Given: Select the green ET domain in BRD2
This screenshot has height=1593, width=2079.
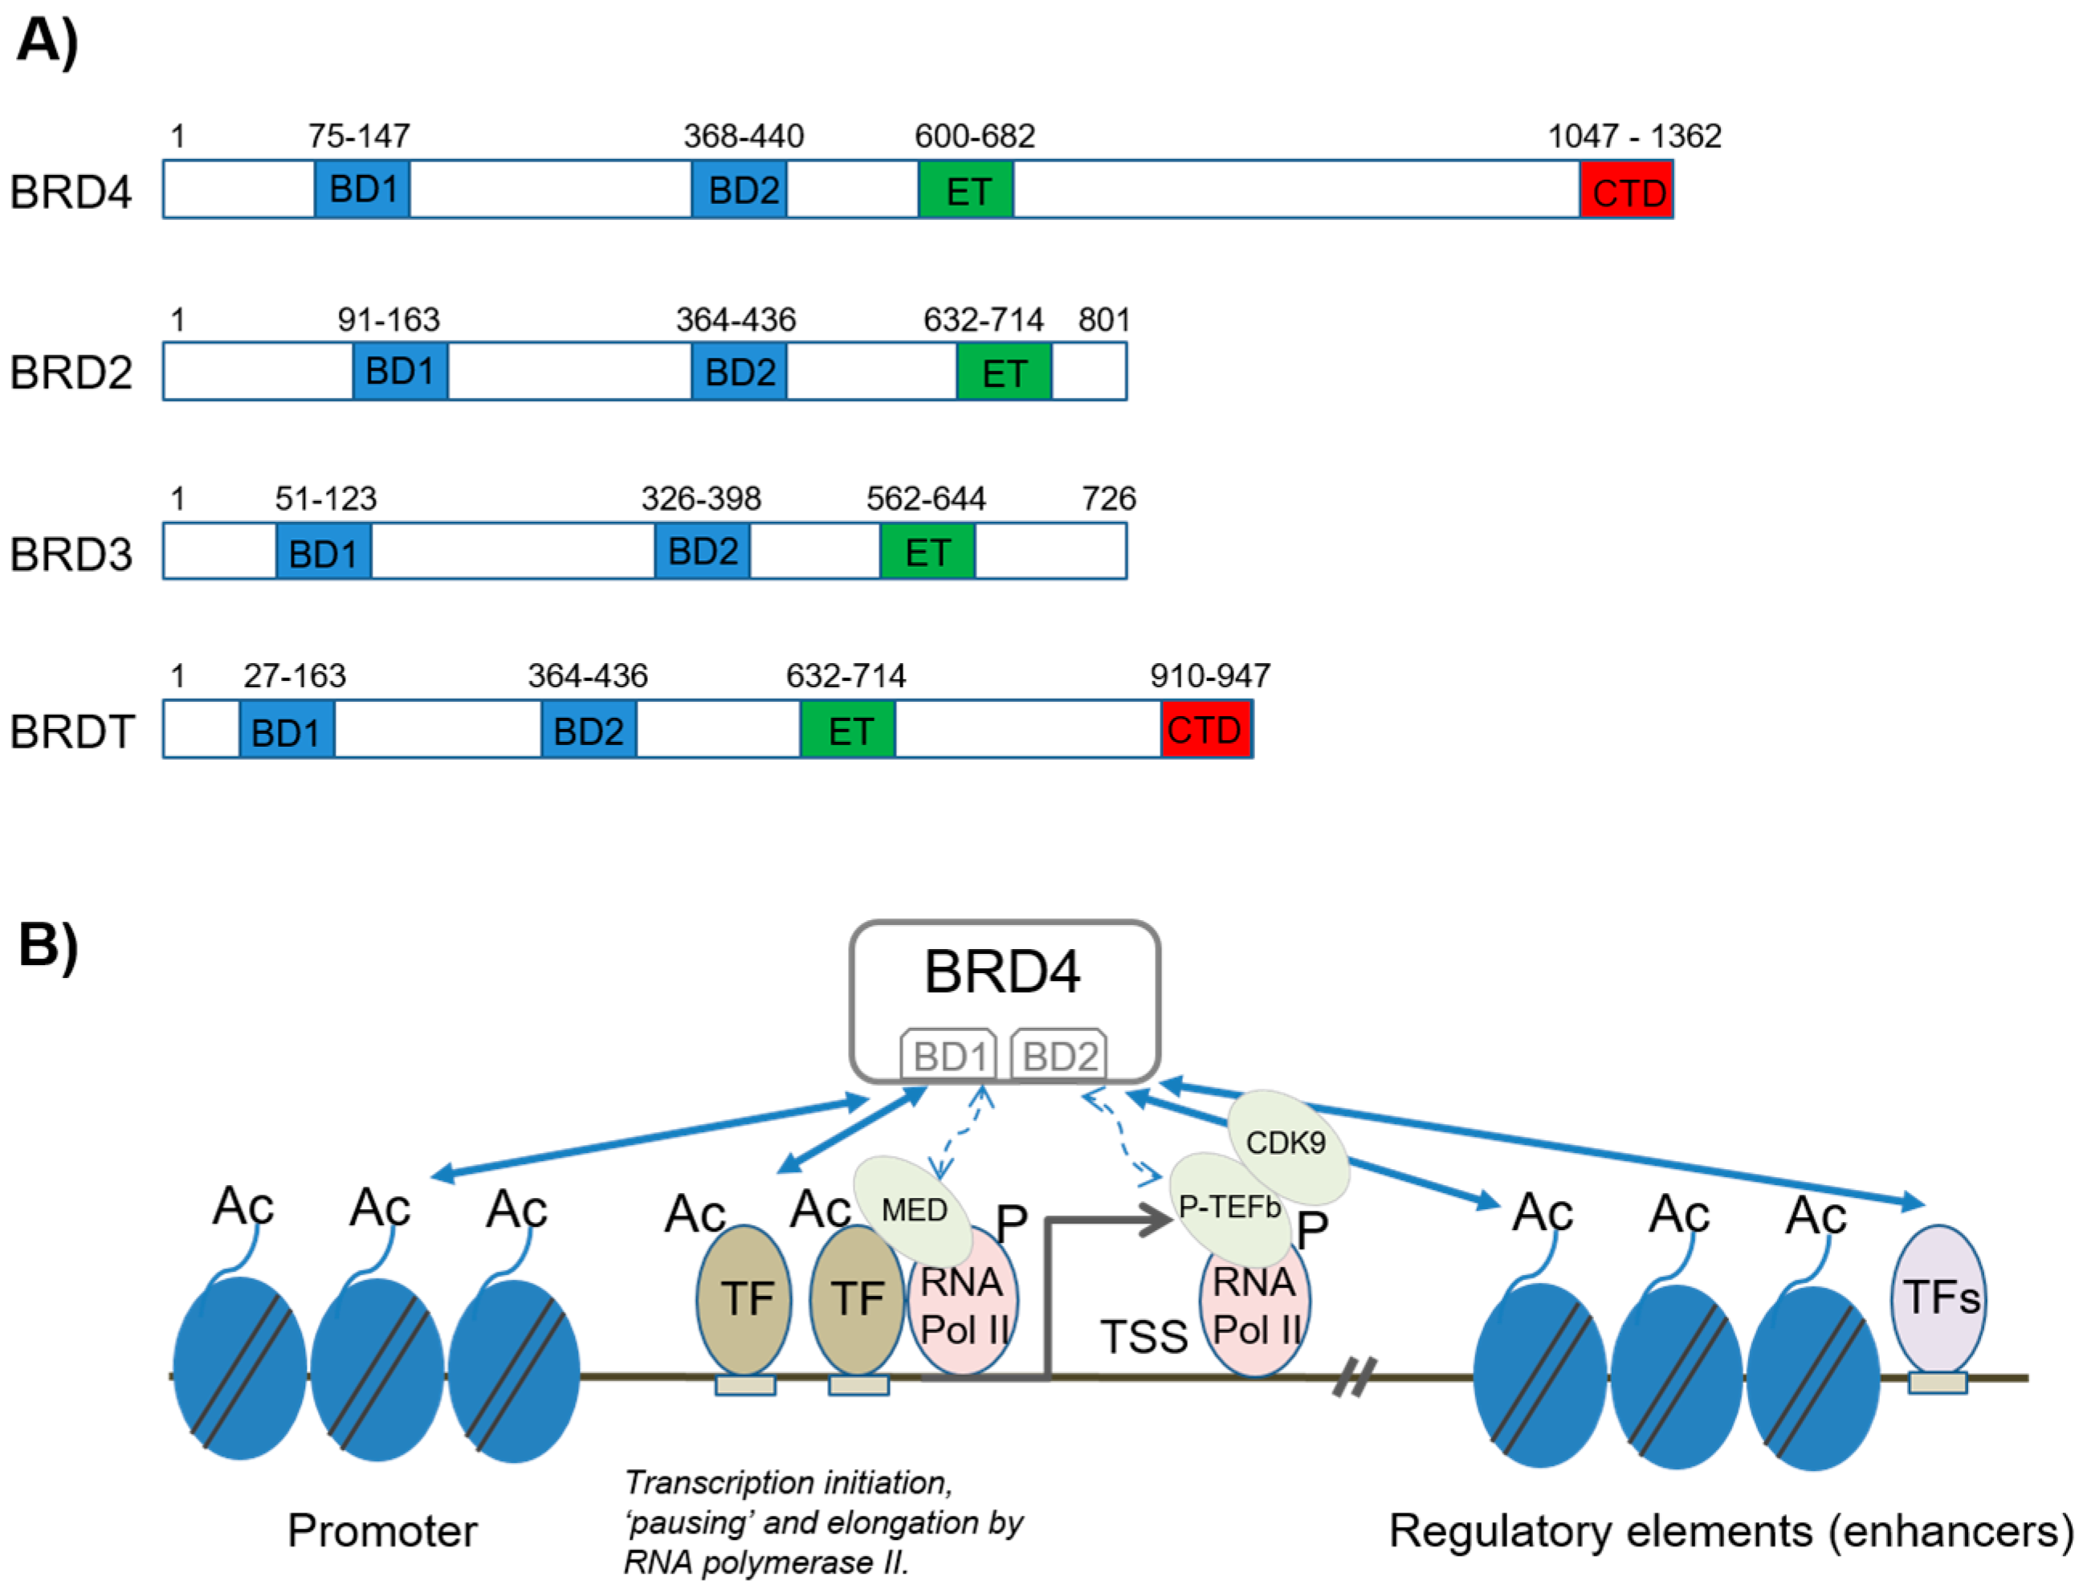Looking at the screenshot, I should click(x=1004, y=372).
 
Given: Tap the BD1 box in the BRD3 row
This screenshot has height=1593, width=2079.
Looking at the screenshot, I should click(x=324, y=551).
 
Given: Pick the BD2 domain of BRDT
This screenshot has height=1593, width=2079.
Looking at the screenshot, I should click(x=588, y=729).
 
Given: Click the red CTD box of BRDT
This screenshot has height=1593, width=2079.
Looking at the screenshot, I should click(x=1205, y=729).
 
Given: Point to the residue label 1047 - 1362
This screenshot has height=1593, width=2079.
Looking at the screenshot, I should click(x=1633, y=136).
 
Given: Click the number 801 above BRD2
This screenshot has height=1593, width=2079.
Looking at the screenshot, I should click(x=1103, y=320).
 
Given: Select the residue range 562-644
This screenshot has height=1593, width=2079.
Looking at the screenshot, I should click(x=926, y=499).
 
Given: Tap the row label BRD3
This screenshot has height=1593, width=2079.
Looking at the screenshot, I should click(x=71, y=554).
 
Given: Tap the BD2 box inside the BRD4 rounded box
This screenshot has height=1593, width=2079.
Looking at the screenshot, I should click(x=1058, y=1054).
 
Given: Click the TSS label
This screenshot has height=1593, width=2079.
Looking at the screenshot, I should click(x=1143, y=1337).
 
